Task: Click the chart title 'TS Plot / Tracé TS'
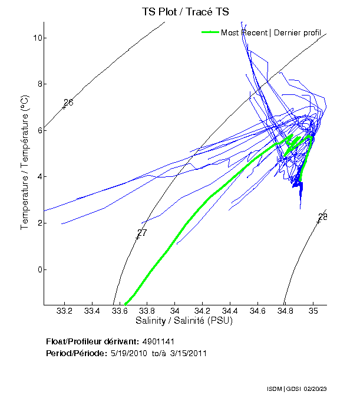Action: click(x=184, y=12)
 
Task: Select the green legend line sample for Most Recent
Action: click(x=210, y=32)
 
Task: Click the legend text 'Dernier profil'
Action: click(x=297, y=32)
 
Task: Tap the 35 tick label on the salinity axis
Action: click(x=313, y=311)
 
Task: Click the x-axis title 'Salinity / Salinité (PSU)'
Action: click(x=184, y=321)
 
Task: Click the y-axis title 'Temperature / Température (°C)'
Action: click(x=25, y=163)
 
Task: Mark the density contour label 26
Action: click(x=68, y=103)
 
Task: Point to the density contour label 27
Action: click(x=142, y=233)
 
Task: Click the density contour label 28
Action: click(x=322, y=217)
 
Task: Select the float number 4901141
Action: click(x=158, y=341)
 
